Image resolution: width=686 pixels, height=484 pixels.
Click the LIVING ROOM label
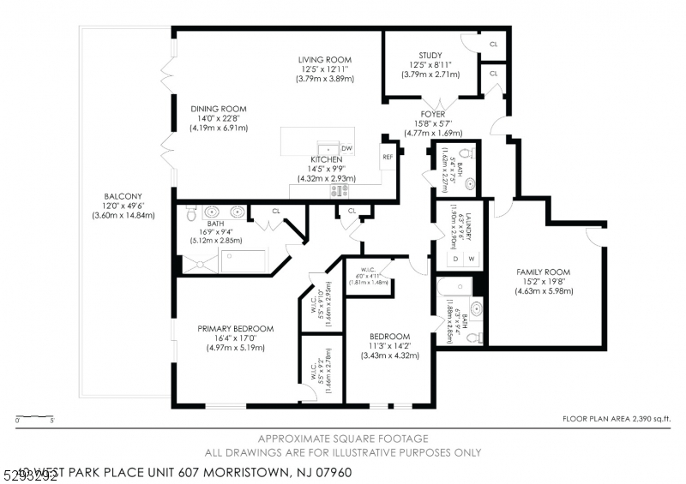(325, 59)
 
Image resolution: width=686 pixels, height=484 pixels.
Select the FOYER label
(432, 114)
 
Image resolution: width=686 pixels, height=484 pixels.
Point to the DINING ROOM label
(218, 109)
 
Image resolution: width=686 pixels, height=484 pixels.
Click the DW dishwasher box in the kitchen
(346, 148)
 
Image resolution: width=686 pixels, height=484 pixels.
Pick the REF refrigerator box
(388, 157)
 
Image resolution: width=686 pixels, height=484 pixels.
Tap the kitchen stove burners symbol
(339, 191)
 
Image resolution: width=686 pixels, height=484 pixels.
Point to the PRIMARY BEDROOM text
(235, 328)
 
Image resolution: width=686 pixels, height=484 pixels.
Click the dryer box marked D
(455, 258)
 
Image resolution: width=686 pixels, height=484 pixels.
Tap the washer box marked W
(471, 258)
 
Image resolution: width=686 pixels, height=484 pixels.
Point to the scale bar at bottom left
(35, 417)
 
